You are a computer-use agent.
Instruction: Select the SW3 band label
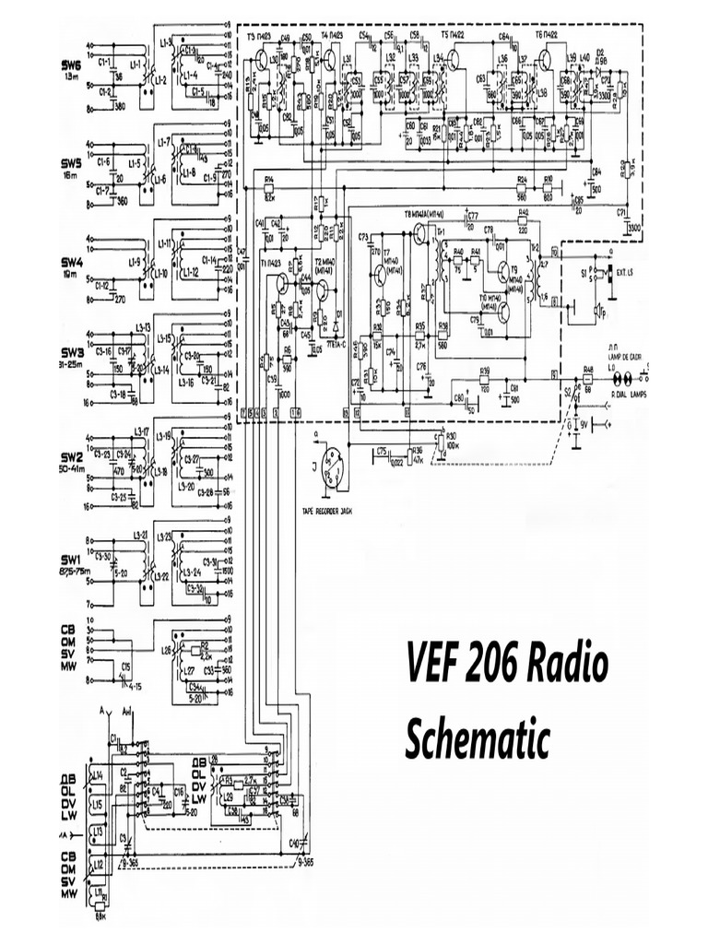(72, 352)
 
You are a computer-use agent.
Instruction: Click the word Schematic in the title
(478, 739)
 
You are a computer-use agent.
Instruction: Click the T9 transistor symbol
(505, 273)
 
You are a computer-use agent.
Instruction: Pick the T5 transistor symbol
(452, 62)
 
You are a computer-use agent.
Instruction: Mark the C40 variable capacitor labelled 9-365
(303, 844)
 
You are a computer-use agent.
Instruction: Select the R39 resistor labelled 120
(484, 378)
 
